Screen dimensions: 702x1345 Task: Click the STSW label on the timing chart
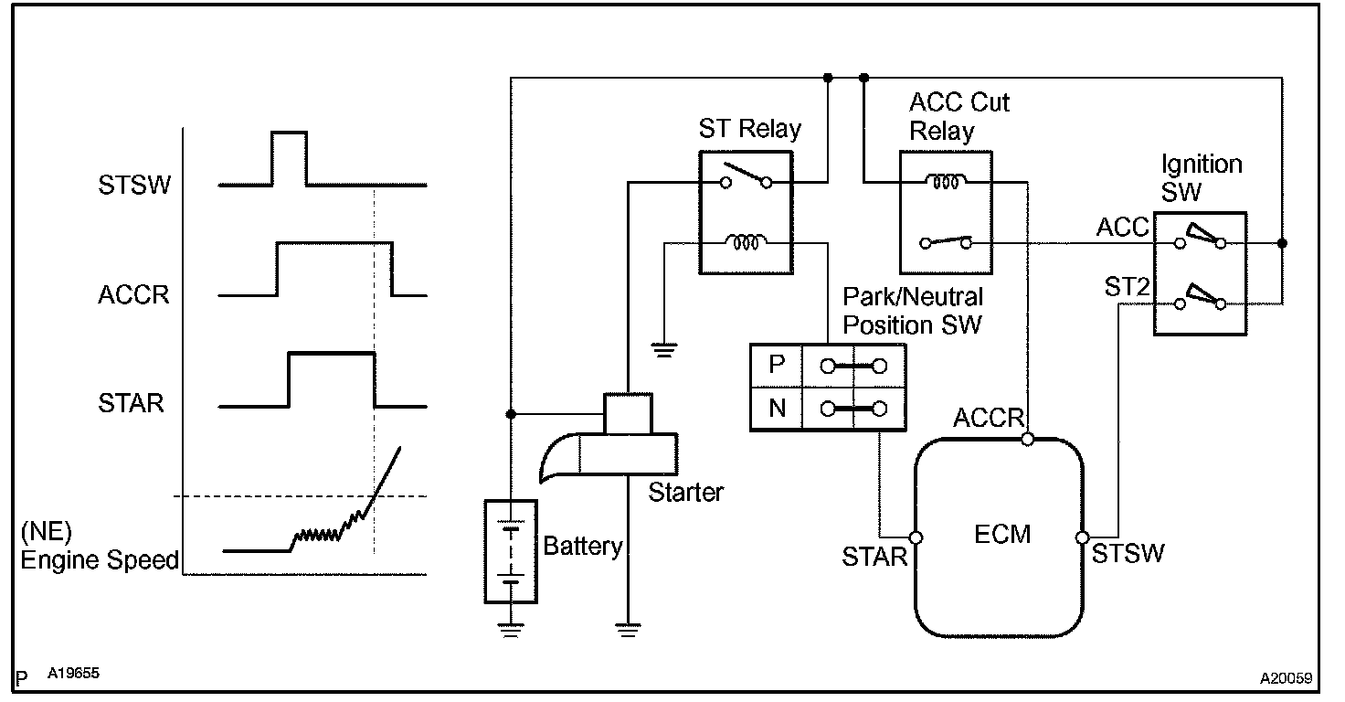[136, 186]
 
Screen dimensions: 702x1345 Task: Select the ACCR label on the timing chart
[134, 296]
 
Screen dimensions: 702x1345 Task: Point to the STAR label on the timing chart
[132, 404]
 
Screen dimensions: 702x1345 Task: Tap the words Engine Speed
[100, 560]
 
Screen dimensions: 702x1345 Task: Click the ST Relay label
[749, 129]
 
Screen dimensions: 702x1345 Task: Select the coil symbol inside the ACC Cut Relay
[946, 182]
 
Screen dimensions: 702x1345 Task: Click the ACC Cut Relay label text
[959, 116]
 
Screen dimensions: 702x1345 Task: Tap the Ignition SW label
[1202, 177]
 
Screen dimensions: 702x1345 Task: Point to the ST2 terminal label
[1128, 288]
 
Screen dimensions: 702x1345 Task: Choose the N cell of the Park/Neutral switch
[777, 409]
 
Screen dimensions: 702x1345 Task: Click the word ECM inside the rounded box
[1002, 534]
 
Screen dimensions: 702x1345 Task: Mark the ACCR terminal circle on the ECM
[1028, 440]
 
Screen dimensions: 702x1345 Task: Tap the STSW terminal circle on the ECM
[1082, 537]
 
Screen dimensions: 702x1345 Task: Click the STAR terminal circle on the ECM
[916, 537]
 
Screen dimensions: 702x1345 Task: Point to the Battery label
[583, 548]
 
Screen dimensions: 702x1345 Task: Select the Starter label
[686, 493]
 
